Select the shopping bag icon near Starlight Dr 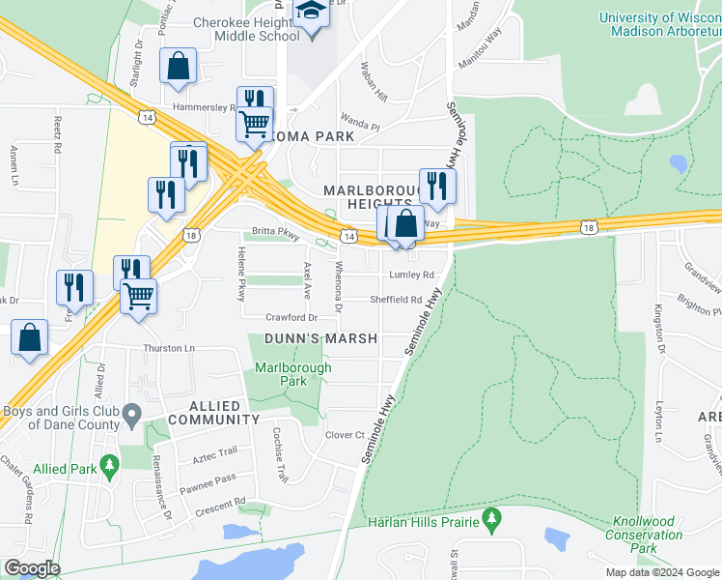(x=179, y=67)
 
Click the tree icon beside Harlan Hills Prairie (x=492, y=522)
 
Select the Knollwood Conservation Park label (x=645, y=535)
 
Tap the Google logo (x=31, y=568)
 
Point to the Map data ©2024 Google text (x=661, y=572)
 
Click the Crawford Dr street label (x=292, y=317)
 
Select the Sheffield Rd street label (x=396, y=300)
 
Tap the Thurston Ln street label (x=169, y=348)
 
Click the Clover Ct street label (x=345, y=436)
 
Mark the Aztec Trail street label (x=215, y=453)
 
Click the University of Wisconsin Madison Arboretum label (x=659, y=24)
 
